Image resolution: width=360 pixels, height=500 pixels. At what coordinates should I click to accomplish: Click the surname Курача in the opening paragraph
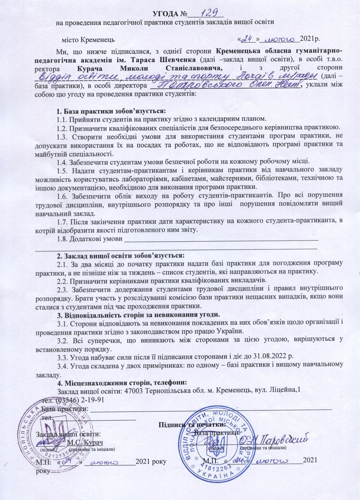tap(91, 68)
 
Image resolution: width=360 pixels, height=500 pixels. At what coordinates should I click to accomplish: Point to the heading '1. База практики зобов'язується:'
tap(111, 111)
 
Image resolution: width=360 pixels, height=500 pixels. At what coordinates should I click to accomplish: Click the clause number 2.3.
tap(62, 289)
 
